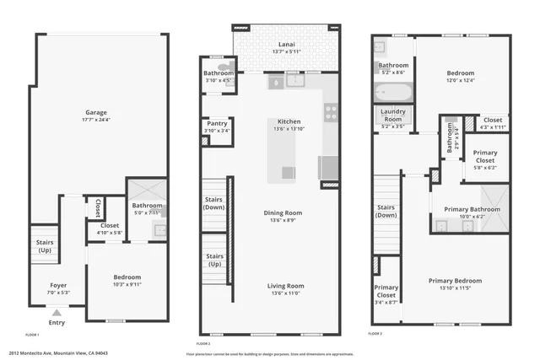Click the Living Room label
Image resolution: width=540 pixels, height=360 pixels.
point(286,286)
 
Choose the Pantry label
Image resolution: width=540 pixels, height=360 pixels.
point(215,124)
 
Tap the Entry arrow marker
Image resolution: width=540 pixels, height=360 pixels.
point(57,313)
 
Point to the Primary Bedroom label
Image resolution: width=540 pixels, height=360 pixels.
point(455,281)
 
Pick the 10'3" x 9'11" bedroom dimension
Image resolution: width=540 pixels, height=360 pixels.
point(127,284)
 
